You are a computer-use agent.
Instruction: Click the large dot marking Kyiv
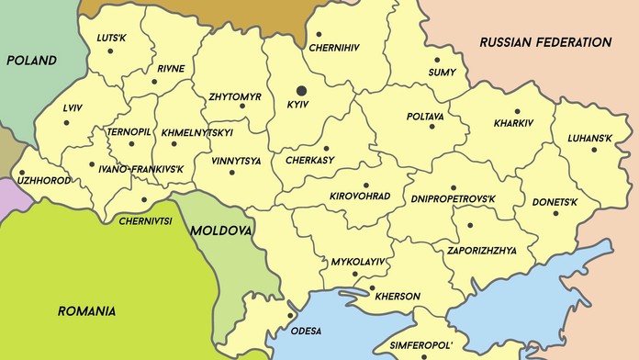[x=302, y=91]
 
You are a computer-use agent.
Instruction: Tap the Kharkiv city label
[x=513, y=122]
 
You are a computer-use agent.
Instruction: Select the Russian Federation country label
[x=545, y=42]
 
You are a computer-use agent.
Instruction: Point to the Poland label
[x=31, y=61]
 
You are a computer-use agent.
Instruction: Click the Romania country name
[x=86, y=311]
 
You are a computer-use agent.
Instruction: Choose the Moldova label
[x=220, y=230]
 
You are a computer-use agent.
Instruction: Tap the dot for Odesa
[x=291, y=316]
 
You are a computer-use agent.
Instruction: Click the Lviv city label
[x=73, y=107]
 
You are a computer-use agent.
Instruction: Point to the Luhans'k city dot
[x=594, y=150]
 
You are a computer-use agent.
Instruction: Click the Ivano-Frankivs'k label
[x=142, y=170]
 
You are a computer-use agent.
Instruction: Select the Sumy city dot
[x=437, y=60]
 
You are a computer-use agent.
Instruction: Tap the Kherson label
[x=397, y=297]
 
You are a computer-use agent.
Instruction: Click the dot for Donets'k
[x=556, y=213]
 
